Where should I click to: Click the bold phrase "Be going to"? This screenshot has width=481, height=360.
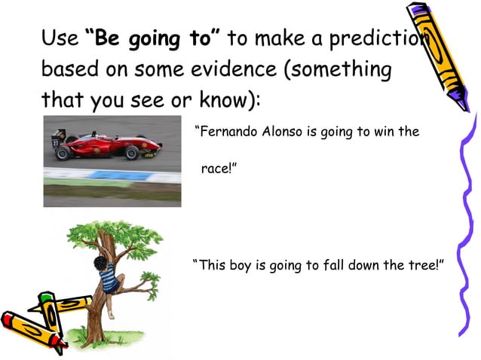click(155, 38)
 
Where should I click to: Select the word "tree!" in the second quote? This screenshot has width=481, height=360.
click(422, 266)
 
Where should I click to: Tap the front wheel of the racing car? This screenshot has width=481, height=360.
click(133, 153)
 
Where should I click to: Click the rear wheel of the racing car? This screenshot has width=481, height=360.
click(63, 153)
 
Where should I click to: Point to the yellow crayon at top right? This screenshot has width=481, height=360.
click(441, 53)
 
